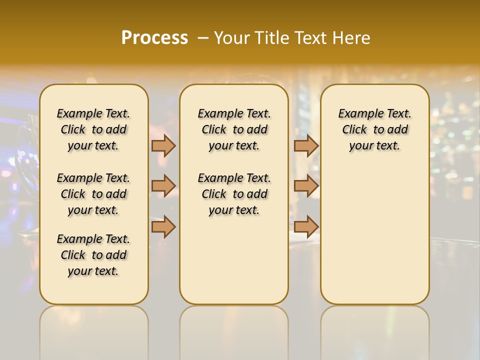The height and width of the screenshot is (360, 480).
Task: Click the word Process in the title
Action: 154,37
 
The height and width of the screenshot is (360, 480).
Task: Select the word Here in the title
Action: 352,38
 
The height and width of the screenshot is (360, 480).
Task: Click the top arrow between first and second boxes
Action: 163,145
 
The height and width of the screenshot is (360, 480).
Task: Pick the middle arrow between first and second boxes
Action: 163,186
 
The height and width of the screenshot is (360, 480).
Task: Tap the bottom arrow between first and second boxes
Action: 163,227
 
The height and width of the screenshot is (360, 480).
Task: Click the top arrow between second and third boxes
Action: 306,145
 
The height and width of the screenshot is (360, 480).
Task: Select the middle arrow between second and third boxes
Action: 306,186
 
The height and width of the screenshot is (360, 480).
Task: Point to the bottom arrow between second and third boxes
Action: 306,227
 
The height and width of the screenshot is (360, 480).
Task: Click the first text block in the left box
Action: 93,129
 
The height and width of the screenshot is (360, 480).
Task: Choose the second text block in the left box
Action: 93,194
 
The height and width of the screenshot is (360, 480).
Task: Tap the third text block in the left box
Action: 93,255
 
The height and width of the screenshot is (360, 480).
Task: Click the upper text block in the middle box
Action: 234,129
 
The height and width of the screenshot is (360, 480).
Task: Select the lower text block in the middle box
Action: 234,194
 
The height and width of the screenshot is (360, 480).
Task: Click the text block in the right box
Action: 375,129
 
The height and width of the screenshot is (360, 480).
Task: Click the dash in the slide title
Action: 203,38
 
